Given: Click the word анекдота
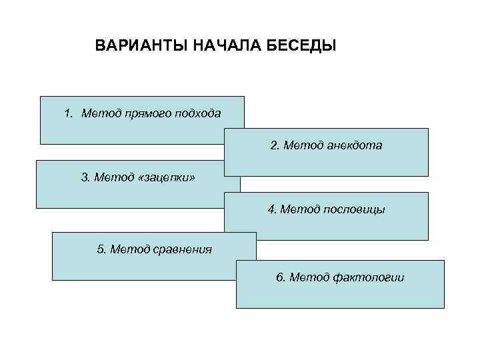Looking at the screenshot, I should [355, 145].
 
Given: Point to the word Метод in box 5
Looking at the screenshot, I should [131, 249].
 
